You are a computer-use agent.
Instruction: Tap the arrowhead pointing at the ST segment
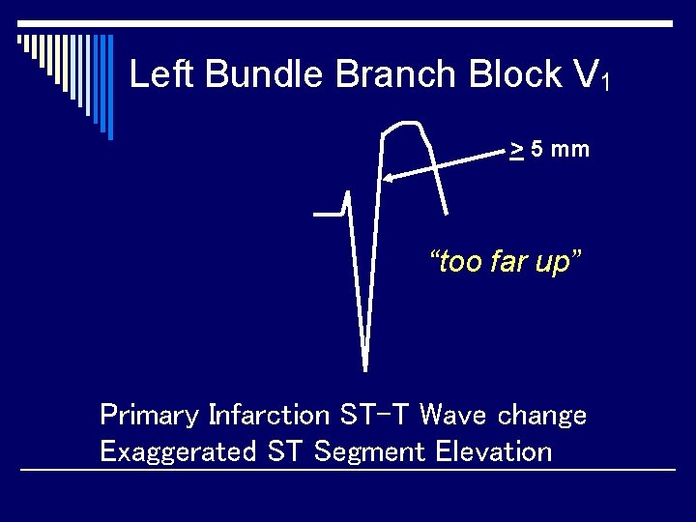tap(389, 178)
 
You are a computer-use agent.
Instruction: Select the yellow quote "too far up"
tap(506, 262)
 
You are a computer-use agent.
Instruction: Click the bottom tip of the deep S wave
tap(364, 368)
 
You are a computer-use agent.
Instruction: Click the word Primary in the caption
tap(149, 416)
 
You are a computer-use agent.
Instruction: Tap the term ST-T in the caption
tap(376, 416)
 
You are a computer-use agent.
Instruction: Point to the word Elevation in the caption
tap(494, 451)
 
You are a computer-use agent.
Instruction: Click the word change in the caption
tap(541, 416)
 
